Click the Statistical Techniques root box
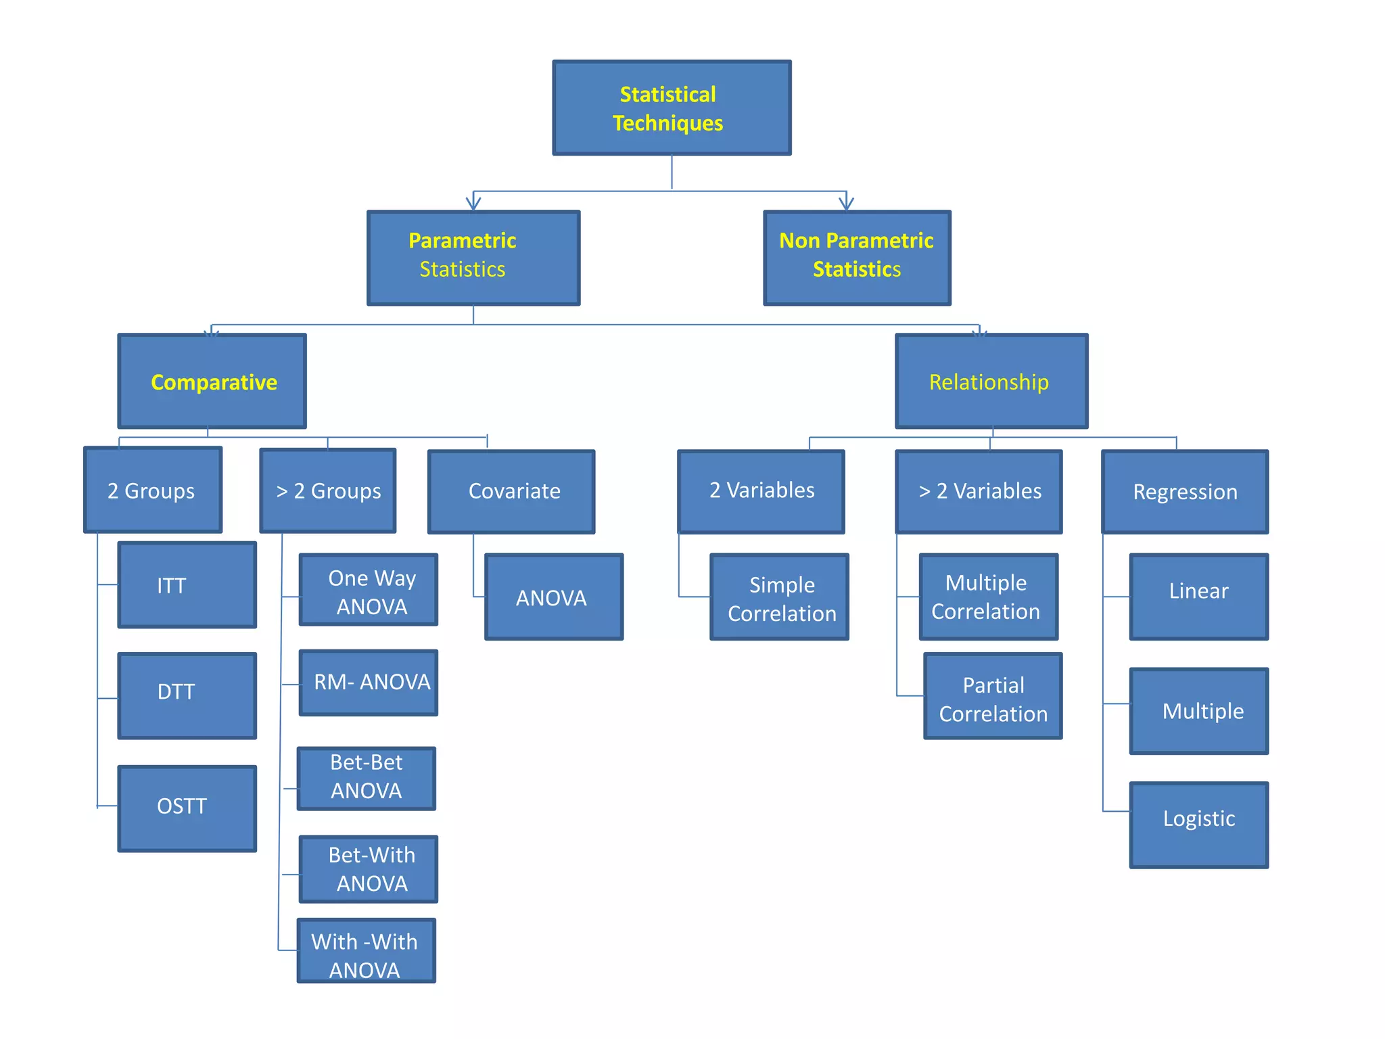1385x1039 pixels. (x=672, y=108)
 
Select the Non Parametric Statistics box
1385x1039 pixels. (x=857, y=258)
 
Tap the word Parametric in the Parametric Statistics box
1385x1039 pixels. (x=463, y=241)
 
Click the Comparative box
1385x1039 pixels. (x=212, y=382)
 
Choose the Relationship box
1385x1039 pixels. (x=991, y=382)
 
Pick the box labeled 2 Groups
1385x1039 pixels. (x=153, y=490)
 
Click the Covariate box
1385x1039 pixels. (x=511, y=492)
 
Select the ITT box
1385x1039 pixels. (x=187, y=585)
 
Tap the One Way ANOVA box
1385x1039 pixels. (x=369, y=590)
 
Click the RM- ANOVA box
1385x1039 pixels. (x=369, y=683)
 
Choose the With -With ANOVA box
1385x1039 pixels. (x=367, y=950)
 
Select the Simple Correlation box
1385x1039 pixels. (x=779, y=597)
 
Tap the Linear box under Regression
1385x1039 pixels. (x=1199, y=597)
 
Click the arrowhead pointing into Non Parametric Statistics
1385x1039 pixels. (x=846, y=202)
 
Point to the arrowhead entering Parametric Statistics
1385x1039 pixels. (x=473, y=202)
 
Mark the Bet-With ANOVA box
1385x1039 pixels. (x=369, y=869)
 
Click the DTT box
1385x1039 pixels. (x=187, y=696)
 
